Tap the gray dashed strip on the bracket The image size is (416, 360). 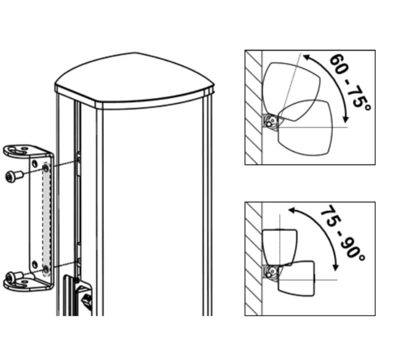point(46,219)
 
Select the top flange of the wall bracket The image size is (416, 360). point(26,152)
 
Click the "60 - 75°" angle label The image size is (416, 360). point(350,81)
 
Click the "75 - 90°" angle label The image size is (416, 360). point(343,233)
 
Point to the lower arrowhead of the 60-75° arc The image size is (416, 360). point(345,119)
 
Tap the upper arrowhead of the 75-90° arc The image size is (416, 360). point(292,210)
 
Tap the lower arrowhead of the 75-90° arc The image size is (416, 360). point(336,267)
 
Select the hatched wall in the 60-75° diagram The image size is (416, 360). point(253,107)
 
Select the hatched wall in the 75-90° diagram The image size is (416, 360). point(253,258)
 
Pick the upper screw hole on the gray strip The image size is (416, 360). point(46,168)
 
